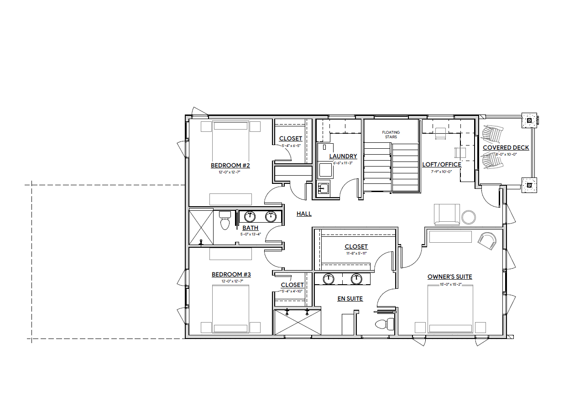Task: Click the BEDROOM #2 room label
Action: coord(230,165)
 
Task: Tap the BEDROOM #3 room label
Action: coord(231,274)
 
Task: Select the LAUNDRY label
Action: coord(343,156)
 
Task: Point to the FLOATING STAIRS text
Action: coord(391,135)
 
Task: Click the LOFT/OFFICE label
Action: coord(441,164)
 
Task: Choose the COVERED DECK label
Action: coord(506,147)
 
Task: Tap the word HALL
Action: coord(304,214)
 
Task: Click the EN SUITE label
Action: coord(350,298)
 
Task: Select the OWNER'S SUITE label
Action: coord(449,276)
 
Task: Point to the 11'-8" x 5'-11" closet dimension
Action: coord(356,253)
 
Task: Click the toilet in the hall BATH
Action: coord(225,221)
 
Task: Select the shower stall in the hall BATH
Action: coord(201,227)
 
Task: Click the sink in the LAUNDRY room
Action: coord(324,188)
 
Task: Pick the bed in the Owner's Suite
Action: coord(450,308)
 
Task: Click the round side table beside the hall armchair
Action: coord(468,217)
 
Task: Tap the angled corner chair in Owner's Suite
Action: coord(487,240)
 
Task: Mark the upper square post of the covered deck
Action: coord(529,121)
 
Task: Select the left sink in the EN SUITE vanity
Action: coord(329,278)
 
